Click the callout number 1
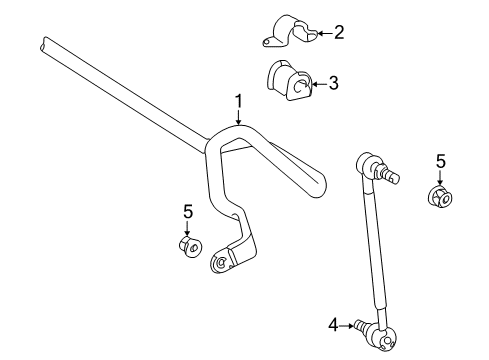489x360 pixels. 238,100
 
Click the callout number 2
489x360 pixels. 338,33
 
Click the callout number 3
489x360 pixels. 333,84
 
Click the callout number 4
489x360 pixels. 333,323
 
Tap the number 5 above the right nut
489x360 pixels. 441,160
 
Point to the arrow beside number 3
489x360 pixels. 317,84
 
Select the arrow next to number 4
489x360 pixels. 351,323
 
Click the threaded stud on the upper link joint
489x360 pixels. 392,176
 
